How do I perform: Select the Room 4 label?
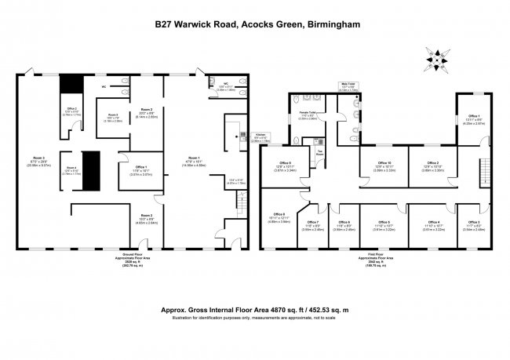point(71,169)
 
